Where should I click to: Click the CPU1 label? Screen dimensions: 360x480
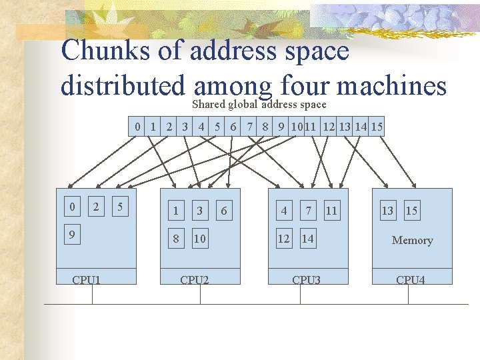86,279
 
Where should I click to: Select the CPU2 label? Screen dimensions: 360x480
194,279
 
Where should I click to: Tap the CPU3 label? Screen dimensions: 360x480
306,279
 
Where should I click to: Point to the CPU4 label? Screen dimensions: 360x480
410,279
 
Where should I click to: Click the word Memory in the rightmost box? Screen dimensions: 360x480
412,240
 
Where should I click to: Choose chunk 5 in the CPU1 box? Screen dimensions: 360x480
119,207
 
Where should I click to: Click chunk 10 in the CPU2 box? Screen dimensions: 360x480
199,239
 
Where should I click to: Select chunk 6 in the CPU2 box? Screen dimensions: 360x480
223,211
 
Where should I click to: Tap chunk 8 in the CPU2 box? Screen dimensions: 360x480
175,239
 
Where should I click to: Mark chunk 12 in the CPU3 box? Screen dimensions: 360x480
284,238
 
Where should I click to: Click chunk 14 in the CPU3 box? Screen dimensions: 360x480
307,238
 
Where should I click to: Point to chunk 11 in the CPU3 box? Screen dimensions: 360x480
331,211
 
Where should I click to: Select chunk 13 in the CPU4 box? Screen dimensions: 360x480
387,211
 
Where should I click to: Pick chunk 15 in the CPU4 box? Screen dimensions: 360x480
411,211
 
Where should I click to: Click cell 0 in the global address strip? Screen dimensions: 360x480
137,126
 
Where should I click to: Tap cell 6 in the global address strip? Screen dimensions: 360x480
233,126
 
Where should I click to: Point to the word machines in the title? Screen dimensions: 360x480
391,85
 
